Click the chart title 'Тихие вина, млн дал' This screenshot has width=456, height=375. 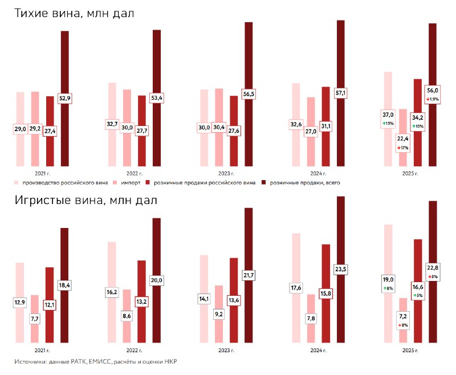[75, 13]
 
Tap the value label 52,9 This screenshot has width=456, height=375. [65, 99]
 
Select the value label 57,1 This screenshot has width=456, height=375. [341, 93]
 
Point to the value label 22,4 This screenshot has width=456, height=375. [403, 138]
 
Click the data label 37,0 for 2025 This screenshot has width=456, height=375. [388, 115]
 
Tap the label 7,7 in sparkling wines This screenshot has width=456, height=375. [35, 319]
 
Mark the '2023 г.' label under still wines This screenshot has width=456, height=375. [225, 173]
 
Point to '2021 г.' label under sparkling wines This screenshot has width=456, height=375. [42, 350]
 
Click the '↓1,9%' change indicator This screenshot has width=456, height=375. [433, 99]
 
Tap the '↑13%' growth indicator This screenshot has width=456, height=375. [388, 124]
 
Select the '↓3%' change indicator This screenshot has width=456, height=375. [433, 276]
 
